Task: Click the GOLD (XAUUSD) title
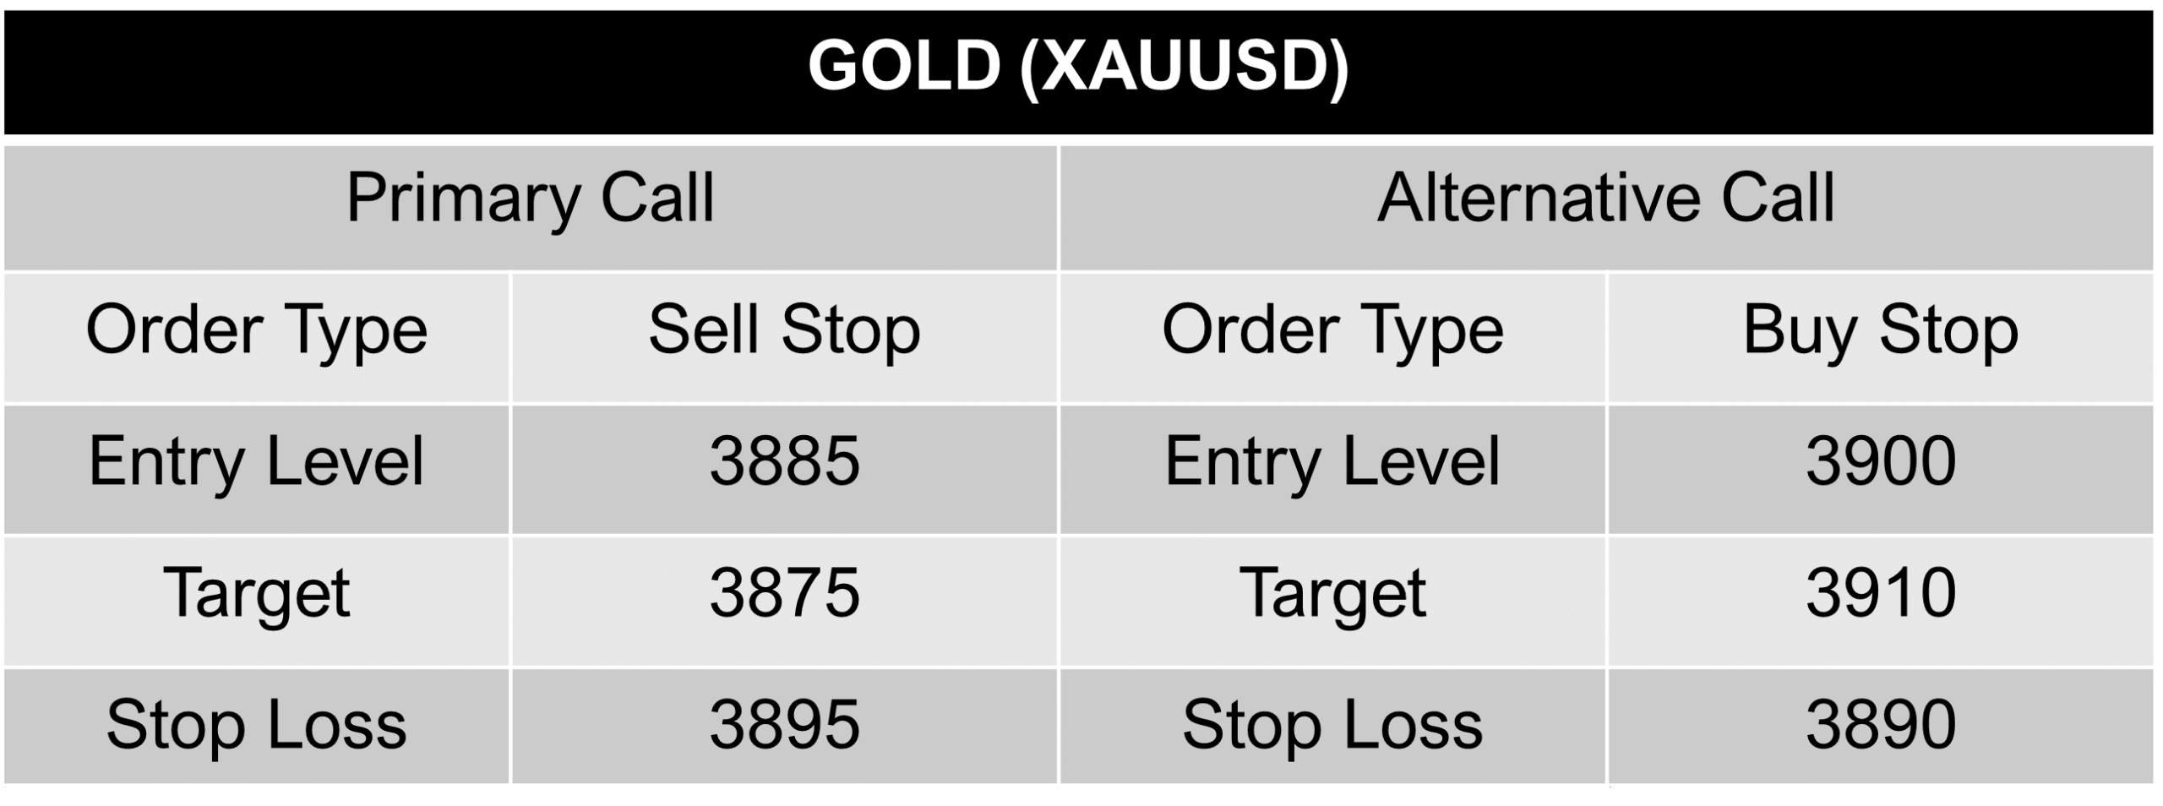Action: click(1078, 68)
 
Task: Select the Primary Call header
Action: click(531, 199)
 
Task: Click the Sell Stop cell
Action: click(784, 331)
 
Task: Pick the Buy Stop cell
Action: click(1881, 331)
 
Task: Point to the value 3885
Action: click(784, 461)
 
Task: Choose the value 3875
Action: click(784, 593)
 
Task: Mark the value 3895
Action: click(784, 725)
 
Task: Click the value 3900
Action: click(1881, 461)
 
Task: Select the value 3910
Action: click(1881, 593)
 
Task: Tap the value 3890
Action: click(1881, 725)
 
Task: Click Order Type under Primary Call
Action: click(257, 331)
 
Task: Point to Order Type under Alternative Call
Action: click(1332, 331)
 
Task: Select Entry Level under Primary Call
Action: click(256, 462)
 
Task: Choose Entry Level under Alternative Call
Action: click(1332, 462)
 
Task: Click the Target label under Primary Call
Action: click(256, 595)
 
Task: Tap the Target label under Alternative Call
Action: click(1332, 595)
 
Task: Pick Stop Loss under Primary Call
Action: click(256, 726)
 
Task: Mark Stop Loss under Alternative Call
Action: click(1332, 726)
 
